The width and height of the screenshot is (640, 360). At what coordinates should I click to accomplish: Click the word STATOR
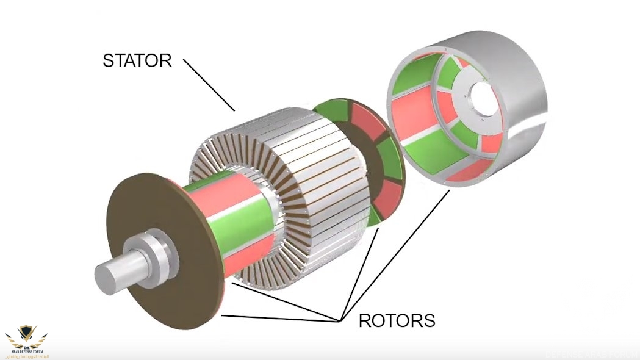click(x=137, y=60)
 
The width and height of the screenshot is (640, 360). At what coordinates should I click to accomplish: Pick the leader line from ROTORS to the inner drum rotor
click(x=287, y=302)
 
